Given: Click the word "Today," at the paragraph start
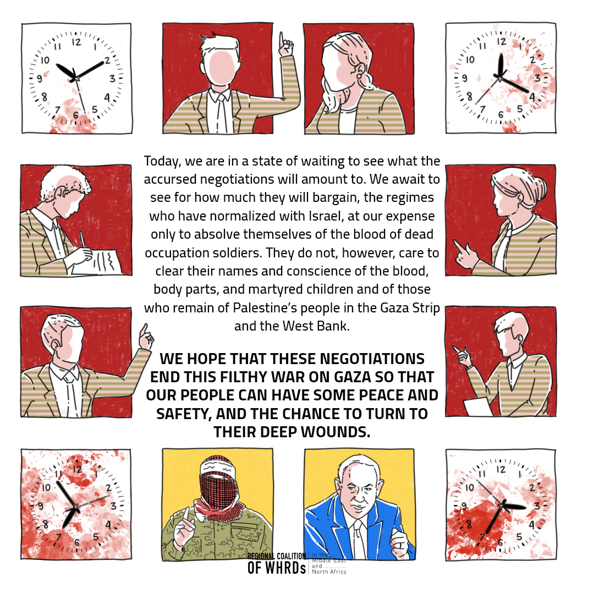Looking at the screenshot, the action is [x=161, y=161].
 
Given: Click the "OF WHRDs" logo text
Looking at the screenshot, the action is [x=277, y=568].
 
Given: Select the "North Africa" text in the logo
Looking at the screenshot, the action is [x=329, y=571].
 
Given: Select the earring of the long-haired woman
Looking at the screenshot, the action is [x=359, y=75].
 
